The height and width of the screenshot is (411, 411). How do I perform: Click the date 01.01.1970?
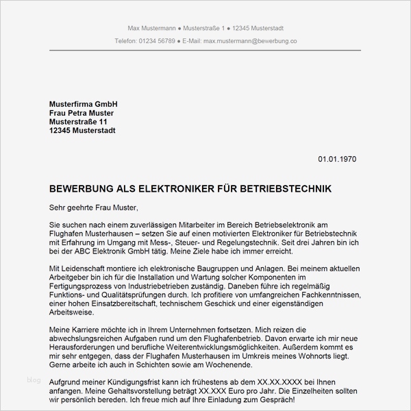tap(337, 160)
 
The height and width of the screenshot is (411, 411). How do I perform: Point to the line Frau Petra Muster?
tap(82, 113)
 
